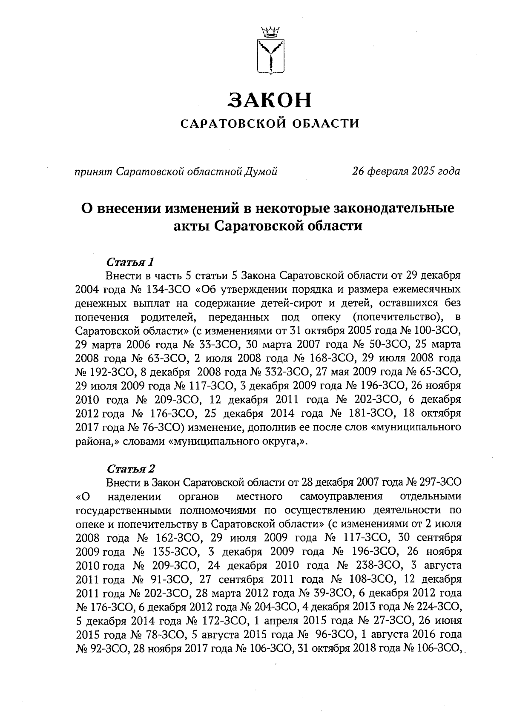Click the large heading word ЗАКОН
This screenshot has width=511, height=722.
point(270,100)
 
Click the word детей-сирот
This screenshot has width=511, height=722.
point(281,304)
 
